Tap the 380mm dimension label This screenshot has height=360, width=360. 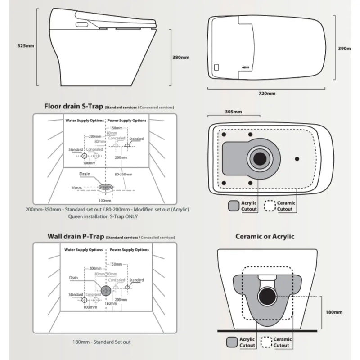pos(181,57)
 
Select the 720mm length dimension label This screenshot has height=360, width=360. pos(267,93)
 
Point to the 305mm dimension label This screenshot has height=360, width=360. pos(233,112)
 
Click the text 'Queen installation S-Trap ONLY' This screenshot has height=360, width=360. pos(103,216)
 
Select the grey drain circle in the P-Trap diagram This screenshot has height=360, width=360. pos(106,290)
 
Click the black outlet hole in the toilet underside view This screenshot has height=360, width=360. pos(259,158)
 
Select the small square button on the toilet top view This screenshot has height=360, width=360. pos(217,68)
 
